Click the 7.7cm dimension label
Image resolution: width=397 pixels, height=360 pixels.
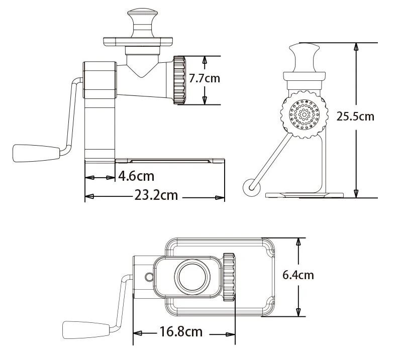pos(205,78)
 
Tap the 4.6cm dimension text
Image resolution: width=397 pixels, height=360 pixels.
pos(136,176)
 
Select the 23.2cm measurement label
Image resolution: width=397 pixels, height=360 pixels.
pos(156,195)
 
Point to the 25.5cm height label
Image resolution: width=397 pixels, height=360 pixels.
pos(355,116)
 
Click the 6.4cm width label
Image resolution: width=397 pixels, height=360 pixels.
pos(299,275)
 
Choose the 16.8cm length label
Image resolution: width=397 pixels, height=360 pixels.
pos(181,332)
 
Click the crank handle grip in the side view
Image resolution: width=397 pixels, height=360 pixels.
pos(36,153)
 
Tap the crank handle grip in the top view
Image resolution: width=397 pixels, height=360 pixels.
pos(86,330)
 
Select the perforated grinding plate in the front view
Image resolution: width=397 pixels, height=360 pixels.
pos(304,114)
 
